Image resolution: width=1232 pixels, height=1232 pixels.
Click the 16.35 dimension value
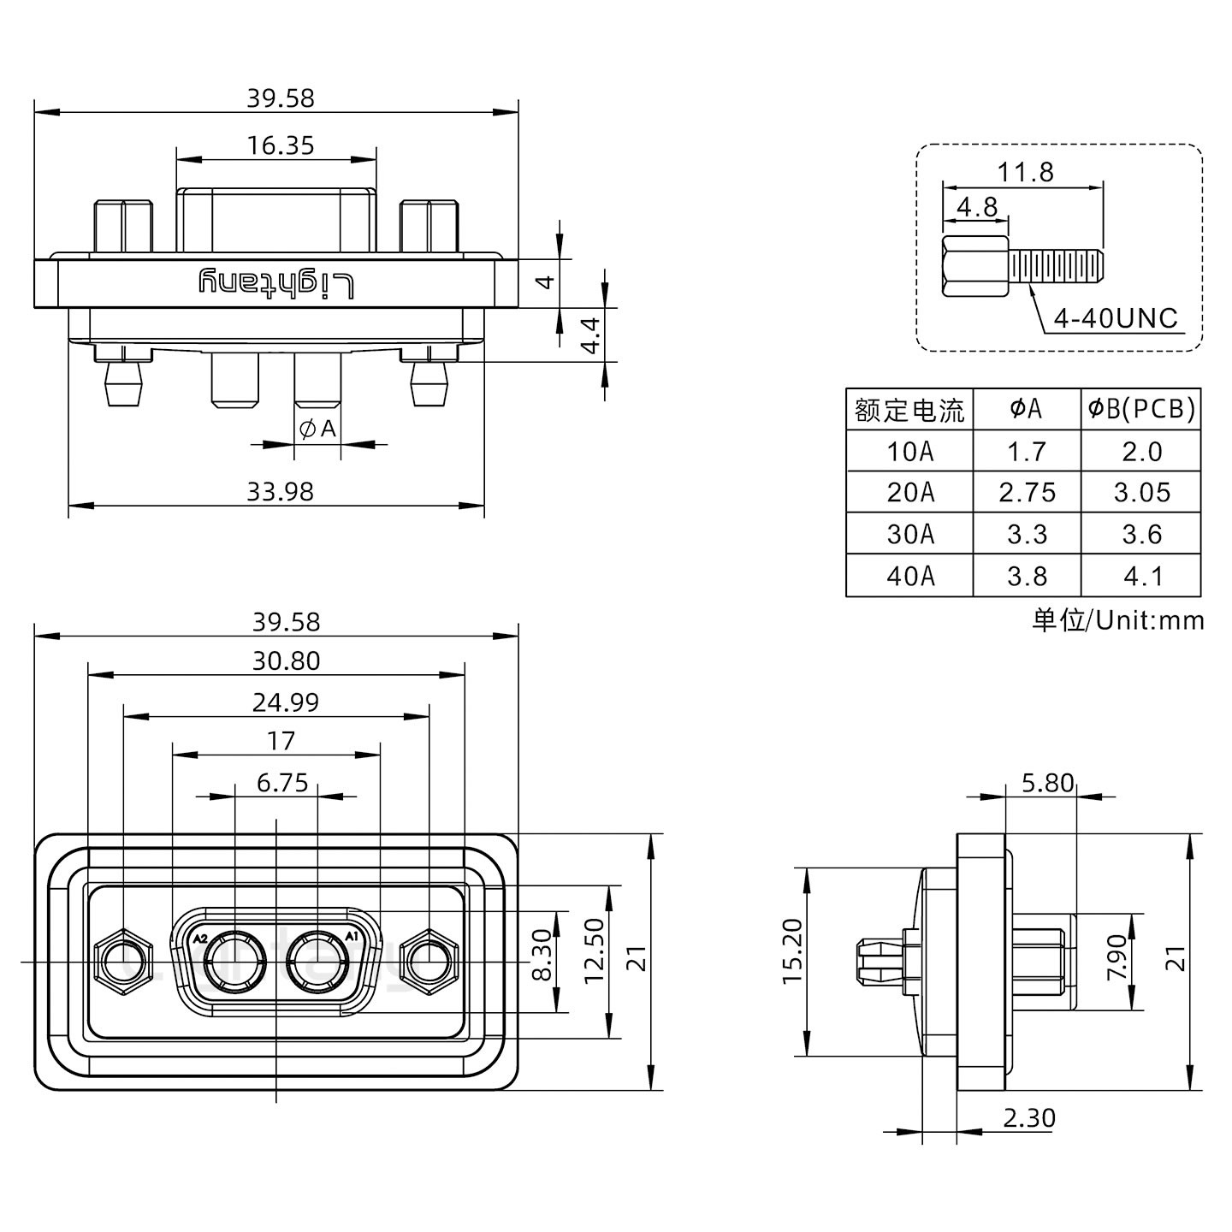(x=281, y=145)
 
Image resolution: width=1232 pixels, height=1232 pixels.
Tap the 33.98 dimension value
(x=281, y=491)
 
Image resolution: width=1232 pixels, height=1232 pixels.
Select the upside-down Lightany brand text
(x=276, y=282)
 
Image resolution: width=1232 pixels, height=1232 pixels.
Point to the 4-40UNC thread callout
(x=1116, y=318)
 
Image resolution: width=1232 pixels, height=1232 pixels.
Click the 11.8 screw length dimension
(x=1024, y=172)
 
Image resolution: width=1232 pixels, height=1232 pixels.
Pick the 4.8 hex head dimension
(x=976, y=207)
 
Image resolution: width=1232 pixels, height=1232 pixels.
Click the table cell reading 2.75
(x=1027, y=493)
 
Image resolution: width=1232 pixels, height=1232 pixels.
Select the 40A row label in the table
(x=909, y=576)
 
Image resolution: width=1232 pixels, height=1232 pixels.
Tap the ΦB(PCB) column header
(x=1140, y=410)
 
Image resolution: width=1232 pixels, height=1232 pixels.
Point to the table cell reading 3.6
(x=1141, y=535)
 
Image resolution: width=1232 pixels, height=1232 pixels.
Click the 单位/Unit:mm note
(x=1117, y=619)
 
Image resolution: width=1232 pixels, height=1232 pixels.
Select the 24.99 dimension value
(x=286, y=702)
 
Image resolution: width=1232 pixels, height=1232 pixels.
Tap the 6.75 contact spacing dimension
(x=282, y=783)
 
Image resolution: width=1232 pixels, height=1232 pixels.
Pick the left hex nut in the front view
(x=124, y=962)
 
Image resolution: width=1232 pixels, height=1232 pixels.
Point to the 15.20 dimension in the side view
(x=792, y=962)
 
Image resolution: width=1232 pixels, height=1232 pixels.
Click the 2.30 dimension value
(x=1028, y=1117)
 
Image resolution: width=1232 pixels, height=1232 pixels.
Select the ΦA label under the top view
(x=317, y=429)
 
